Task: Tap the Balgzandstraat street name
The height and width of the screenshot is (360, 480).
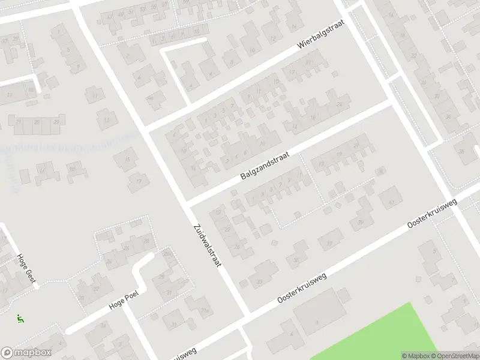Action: (265, 166)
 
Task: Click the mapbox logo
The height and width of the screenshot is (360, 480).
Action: (26, 353)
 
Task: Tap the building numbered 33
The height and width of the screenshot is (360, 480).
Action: (259, 281)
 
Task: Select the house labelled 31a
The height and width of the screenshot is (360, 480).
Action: (205, 310)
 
